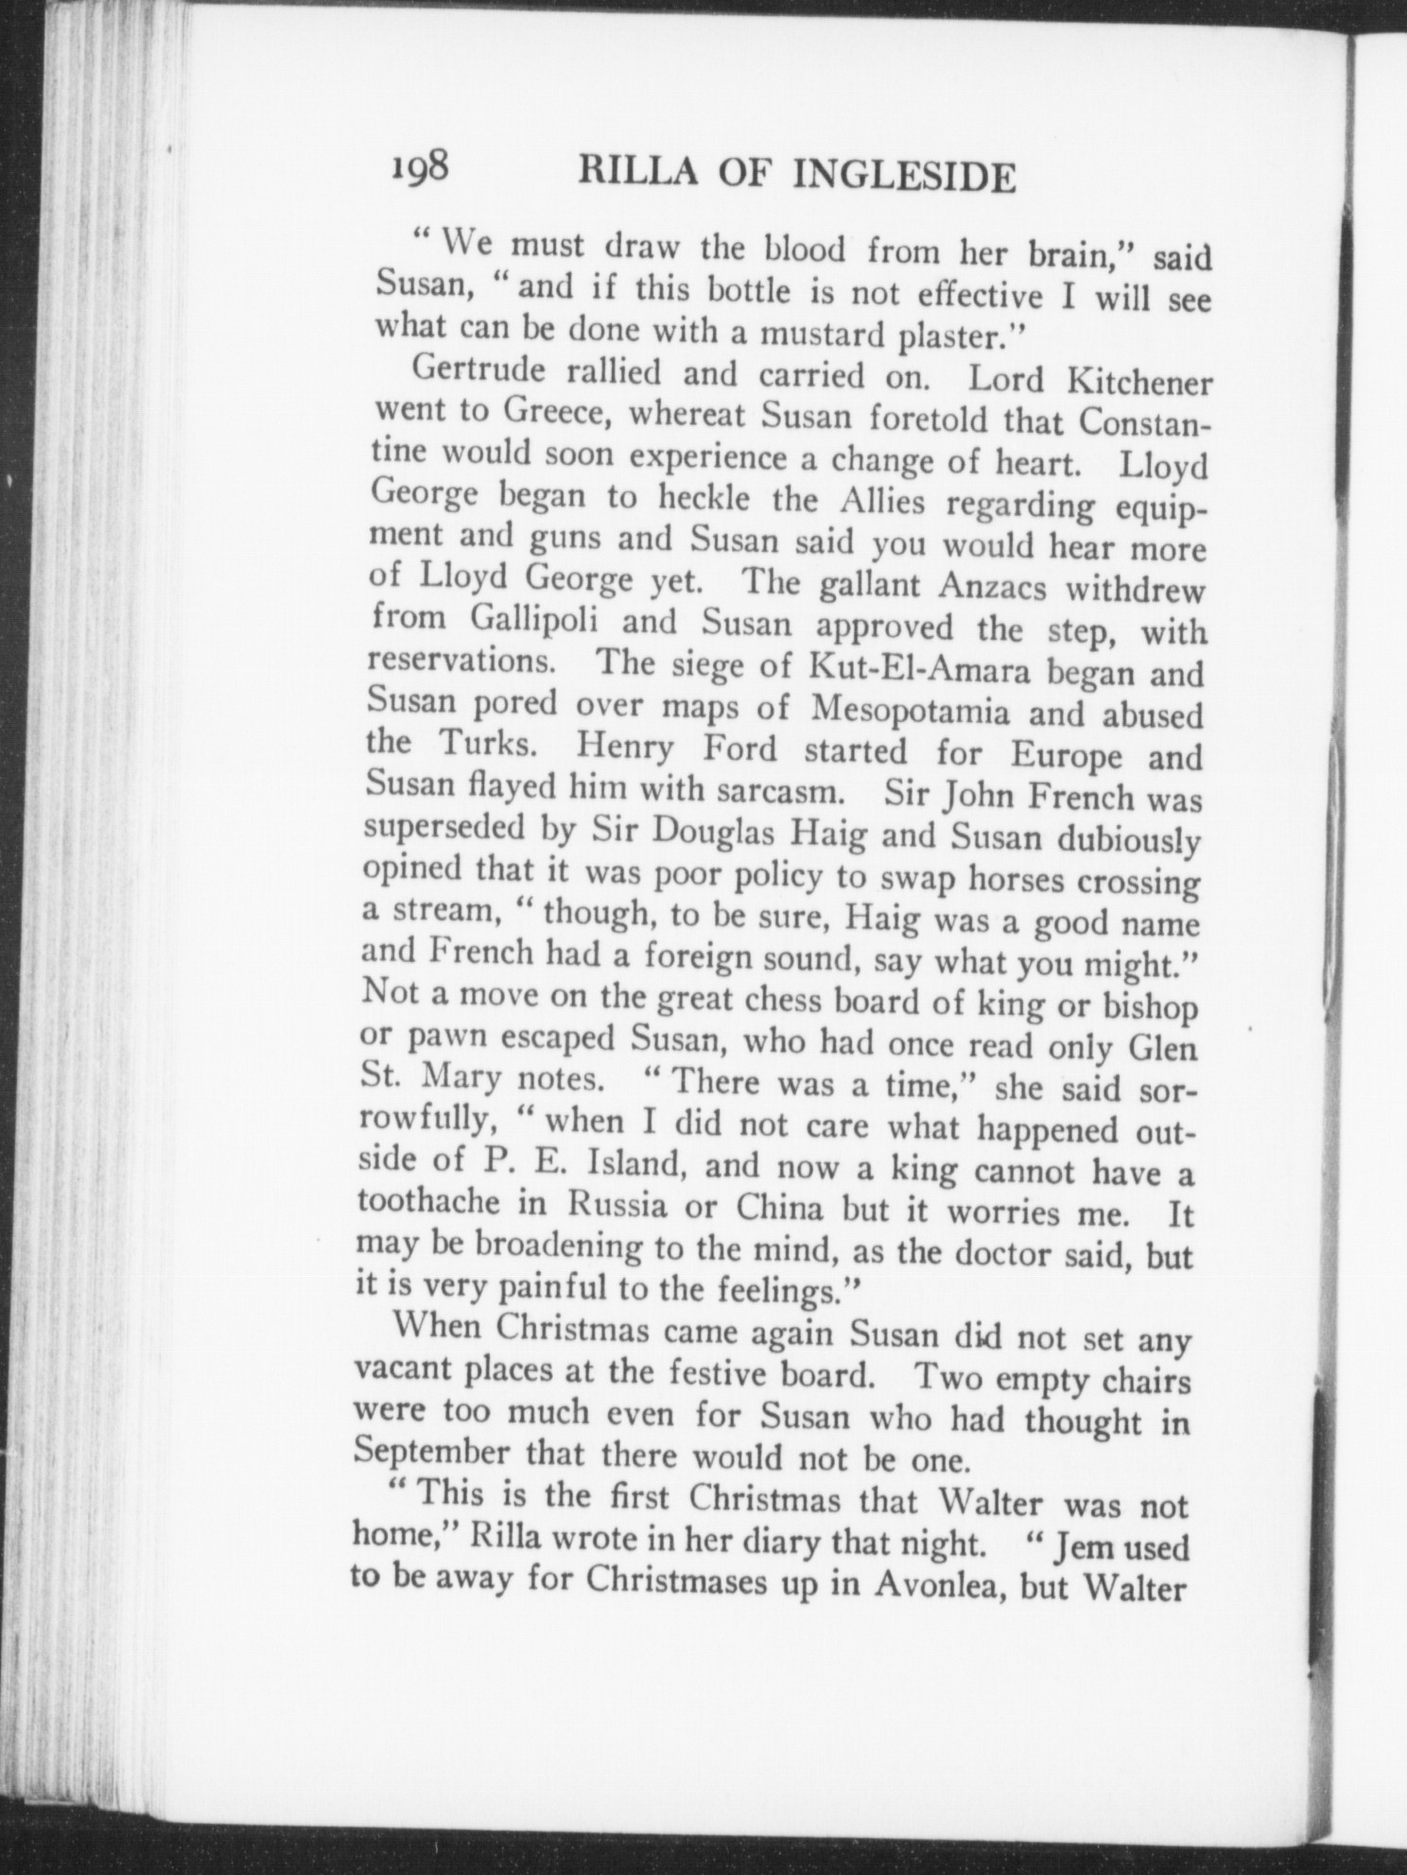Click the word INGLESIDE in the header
(906, 176)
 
